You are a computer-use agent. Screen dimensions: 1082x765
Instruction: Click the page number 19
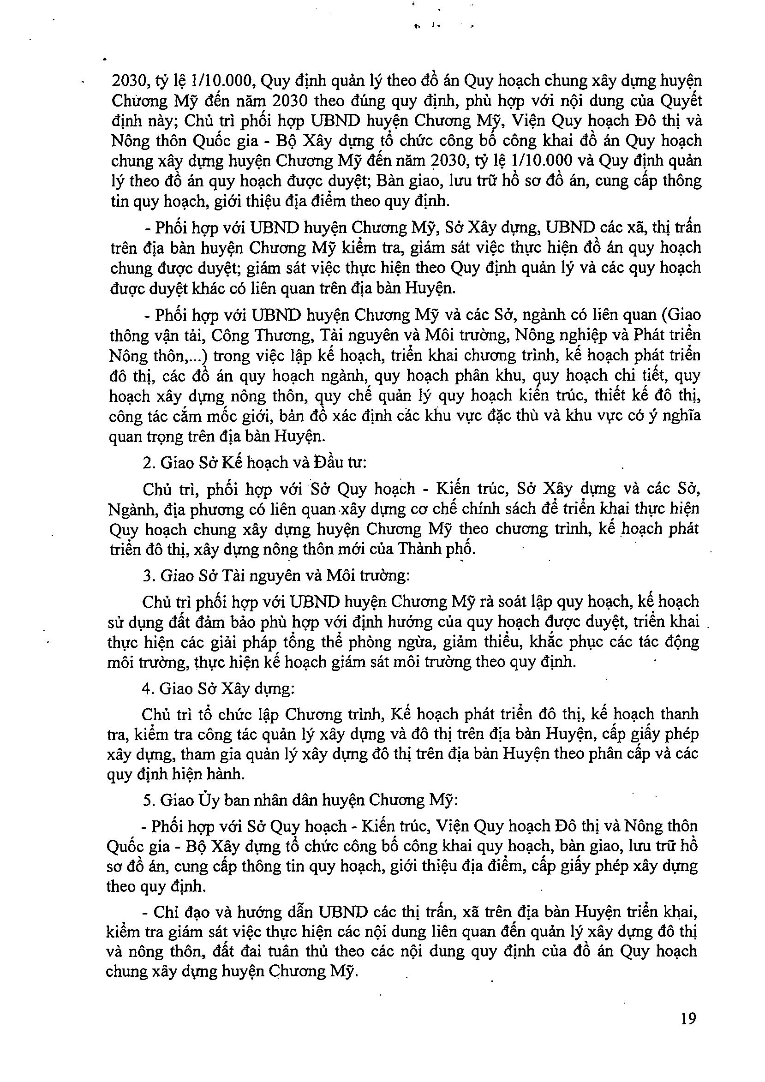688,1018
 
